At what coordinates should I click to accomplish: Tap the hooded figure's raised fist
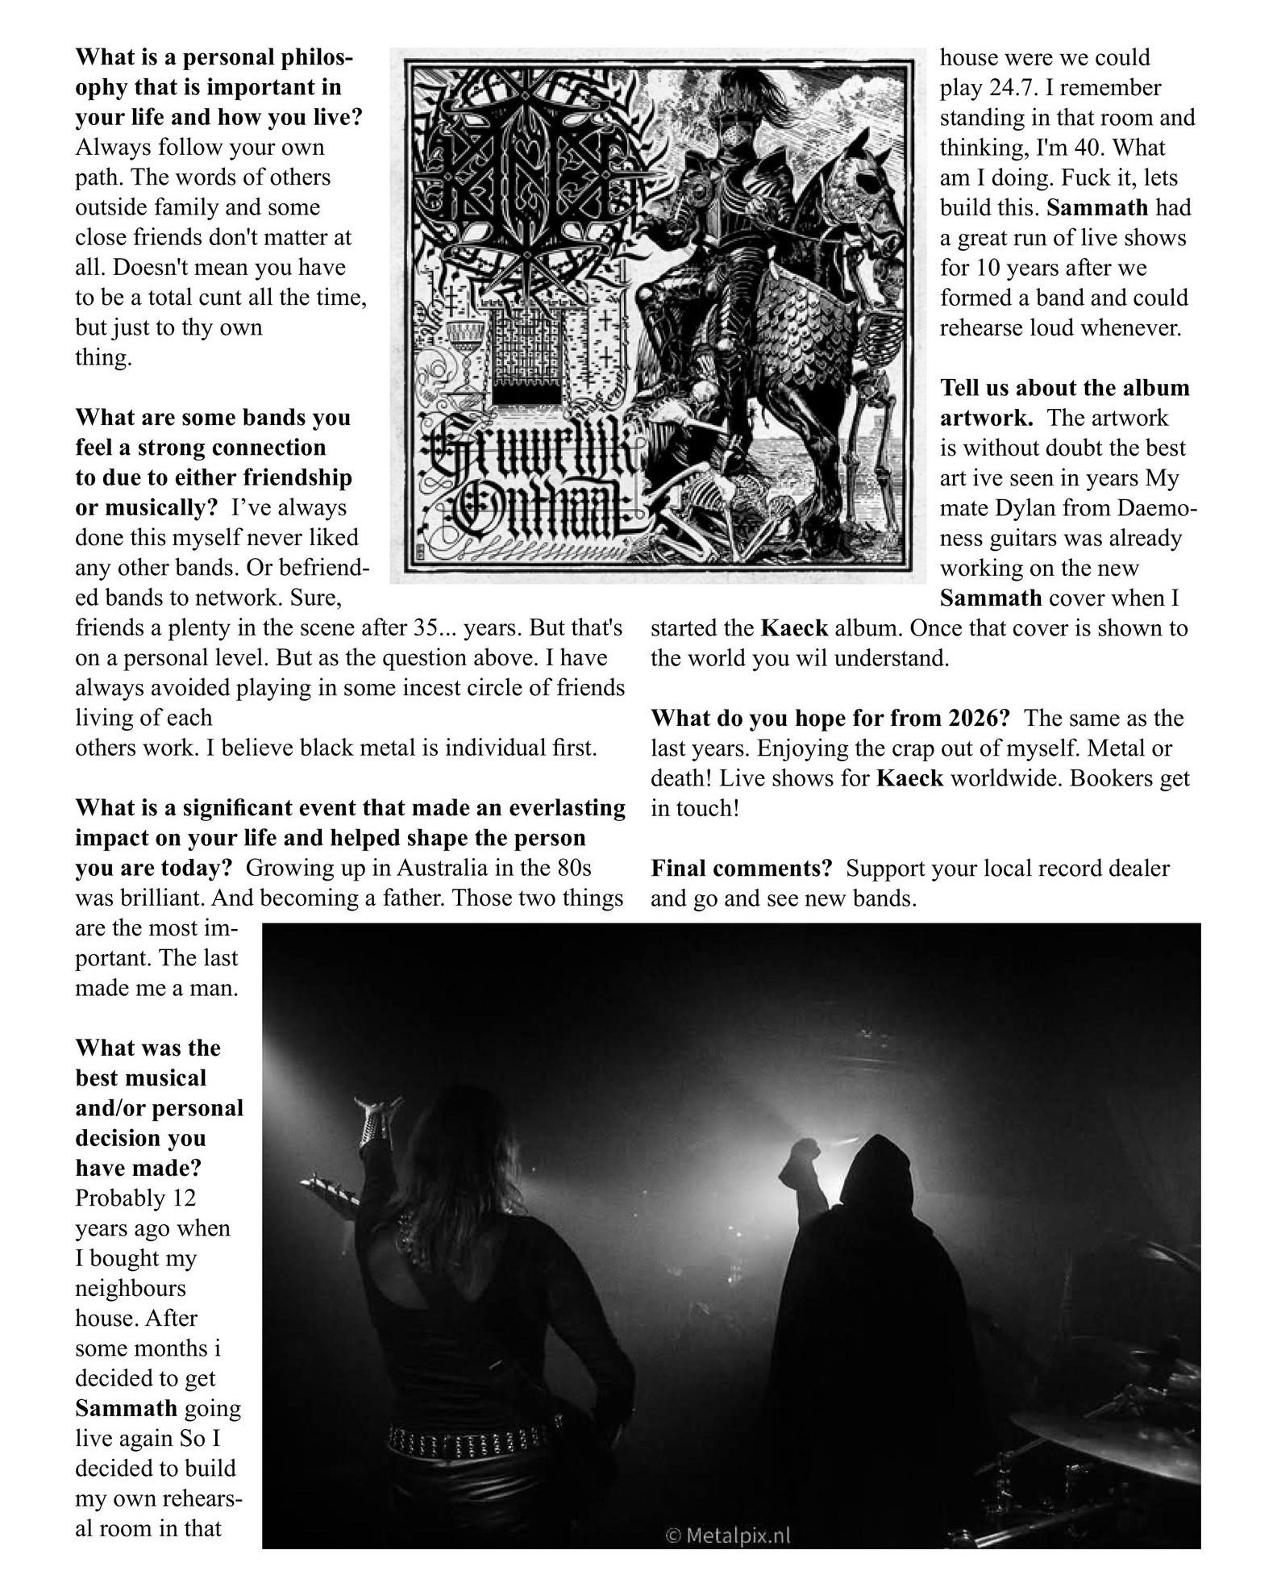[806, 1152]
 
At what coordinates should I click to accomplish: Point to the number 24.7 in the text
[1013, 87]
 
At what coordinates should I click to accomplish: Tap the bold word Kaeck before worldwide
[909, 778]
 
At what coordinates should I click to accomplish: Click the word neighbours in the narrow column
[131, 1288]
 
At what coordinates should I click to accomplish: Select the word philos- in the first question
[311, 57]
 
